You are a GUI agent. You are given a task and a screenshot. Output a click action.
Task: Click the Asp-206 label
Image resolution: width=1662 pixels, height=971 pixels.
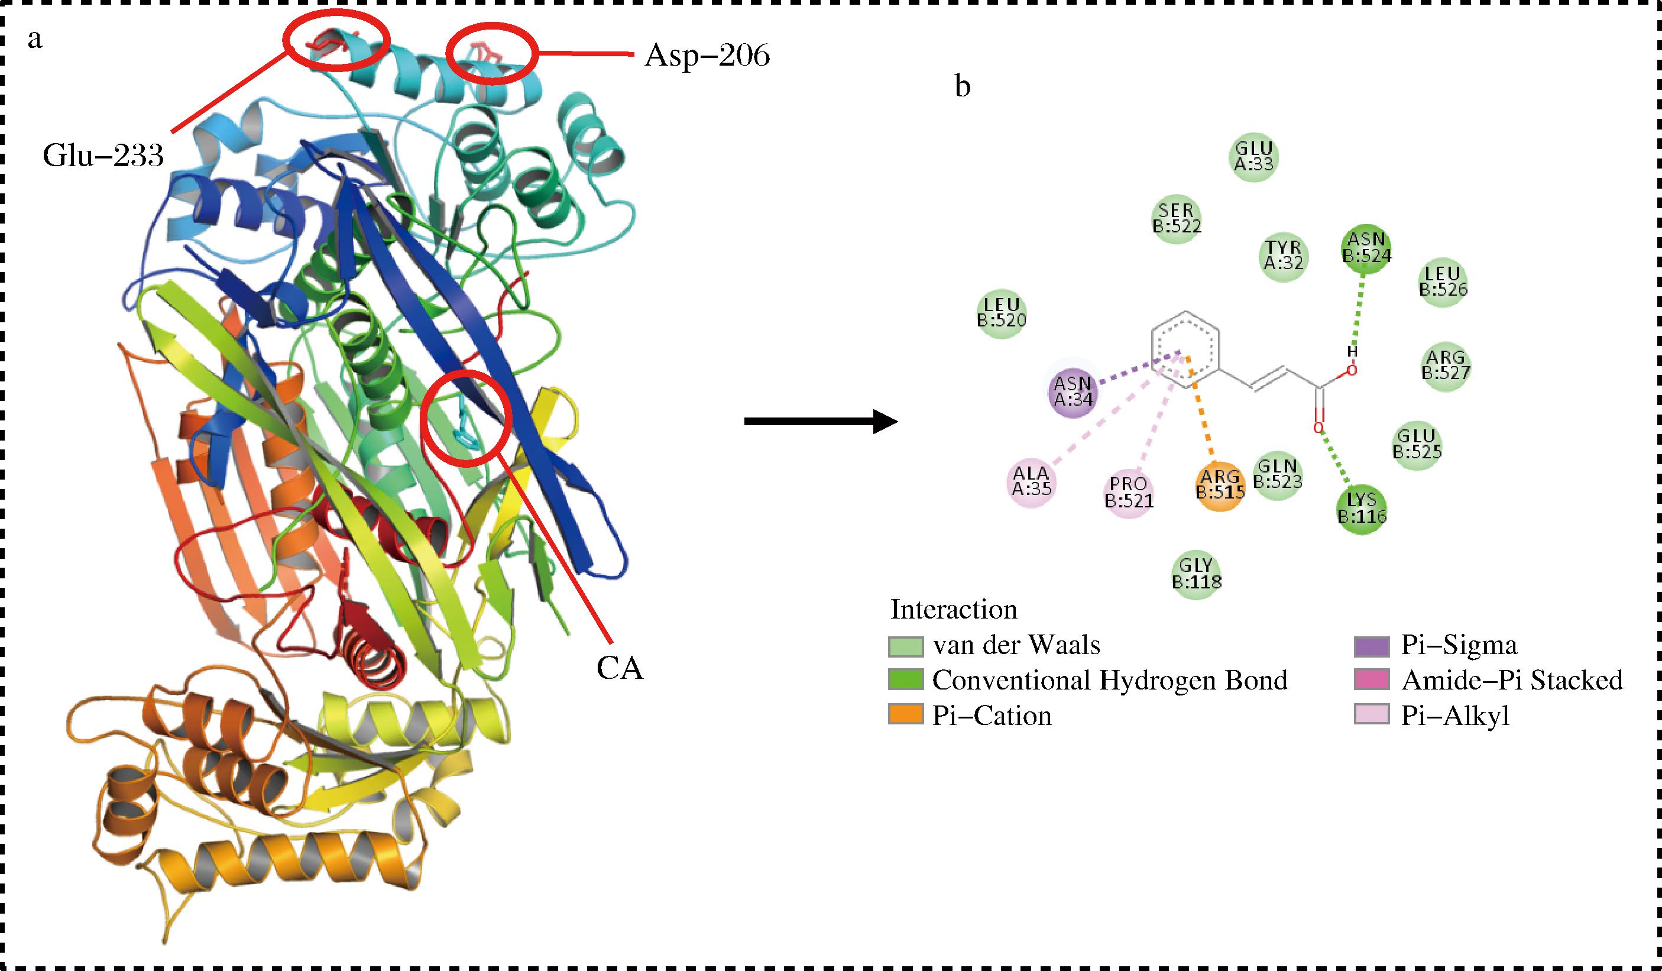point(707,56)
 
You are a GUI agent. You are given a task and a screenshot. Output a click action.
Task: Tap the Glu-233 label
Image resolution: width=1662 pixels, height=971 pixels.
point(103,156)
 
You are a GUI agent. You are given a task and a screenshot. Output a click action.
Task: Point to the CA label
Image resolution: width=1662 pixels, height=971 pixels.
point(619,668)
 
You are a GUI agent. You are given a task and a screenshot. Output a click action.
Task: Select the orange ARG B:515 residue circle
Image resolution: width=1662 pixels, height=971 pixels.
point(1220,486)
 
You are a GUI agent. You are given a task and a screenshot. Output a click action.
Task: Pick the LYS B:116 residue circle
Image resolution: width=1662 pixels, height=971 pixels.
point(1362,509)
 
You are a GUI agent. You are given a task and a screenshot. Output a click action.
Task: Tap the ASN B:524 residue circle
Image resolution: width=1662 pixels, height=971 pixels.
point(1366,248)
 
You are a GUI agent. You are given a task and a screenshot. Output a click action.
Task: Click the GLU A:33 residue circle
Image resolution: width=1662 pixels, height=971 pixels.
point(1254,157)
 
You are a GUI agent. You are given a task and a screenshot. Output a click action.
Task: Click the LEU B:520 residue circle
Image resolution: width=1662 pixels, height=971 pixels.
point(1002,313)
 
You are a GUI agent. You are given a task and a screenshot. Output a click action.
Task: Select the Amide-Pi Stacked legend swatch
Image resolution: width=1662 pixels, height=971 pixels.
point(1371,679)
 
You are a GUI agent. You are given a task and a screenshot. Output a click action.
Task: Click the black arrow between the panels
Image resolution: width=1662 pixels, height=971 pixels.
point(821,422)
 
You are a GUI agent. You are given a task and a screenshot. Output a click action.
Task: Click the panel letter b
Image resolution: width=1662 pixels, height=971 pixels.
point(963,87)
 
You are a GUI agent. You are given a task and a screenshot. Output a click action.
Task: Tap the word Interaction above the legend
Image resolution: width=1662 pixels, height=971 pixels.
point(954,610)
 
